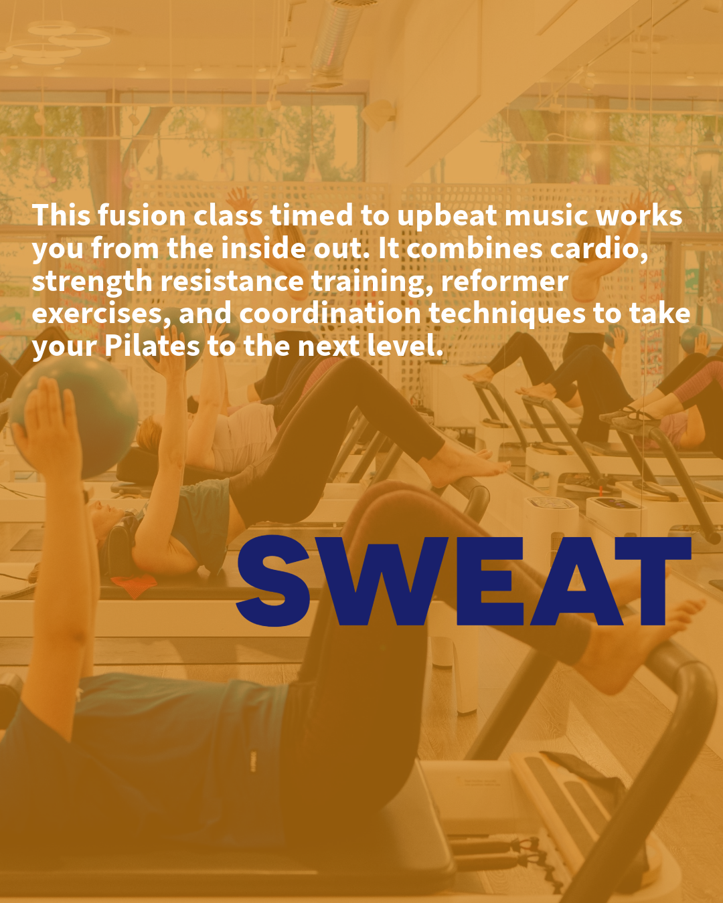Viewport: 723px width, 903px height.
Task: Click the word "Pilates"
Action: pos(152,346)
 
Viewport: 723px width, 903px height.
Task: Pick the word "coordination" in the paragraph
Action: pos(329,314)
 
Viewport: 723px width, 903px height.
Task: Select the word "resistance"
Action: pos(232,282)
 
